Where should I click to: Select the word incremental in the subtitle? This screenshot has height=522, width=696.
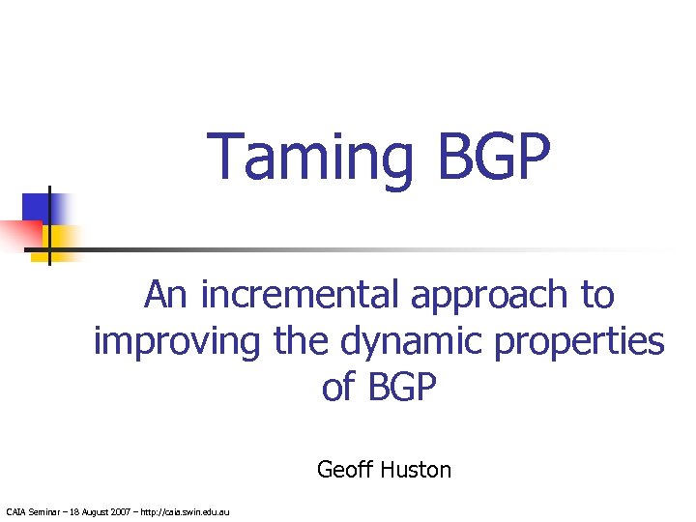[x=301, y=295]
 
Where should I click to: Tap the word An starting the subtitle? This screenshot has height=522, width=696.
[x=167, y=295]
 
